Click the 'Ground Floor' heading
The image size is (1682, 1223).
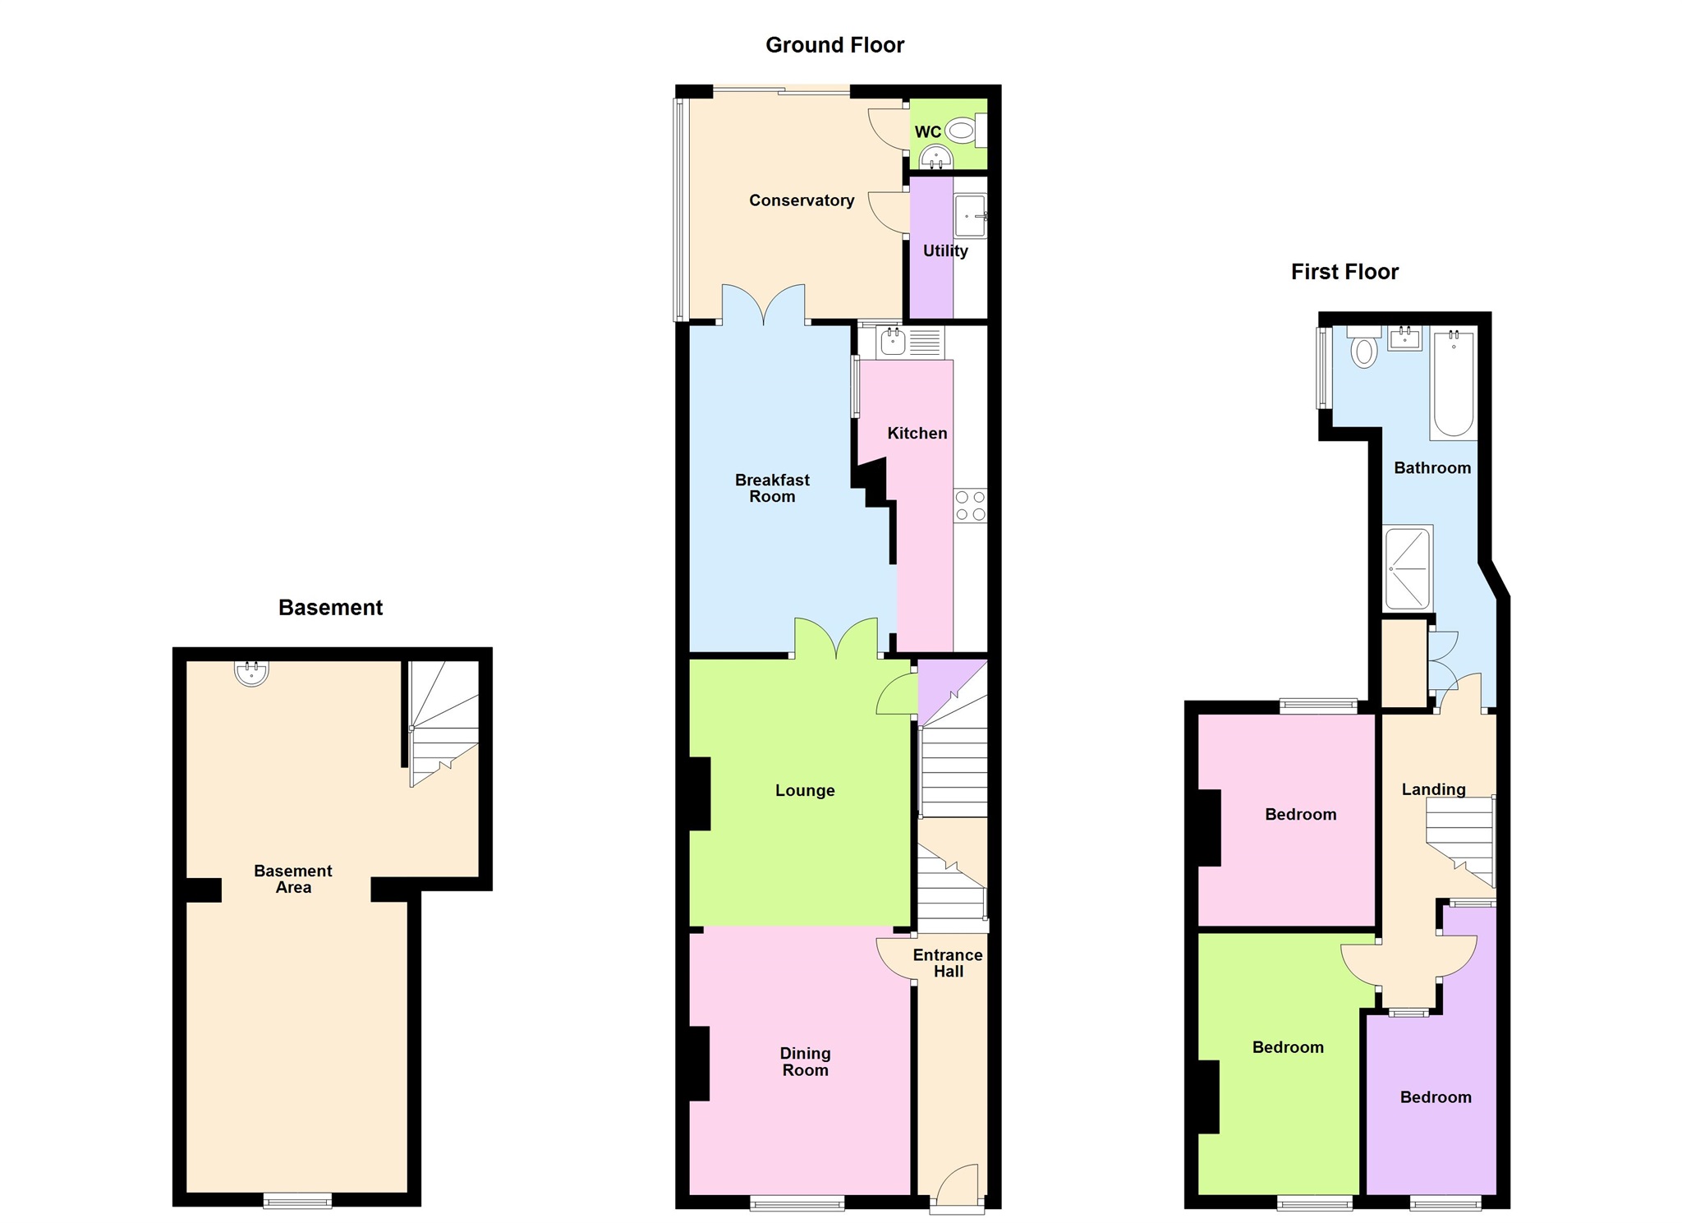[834, 45]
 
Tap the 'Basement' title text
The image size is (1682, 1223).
[330, 608]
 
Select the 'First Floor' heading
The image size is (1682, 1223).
[1344, 272]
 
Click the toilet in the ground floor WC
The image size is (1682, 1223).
[961, 130]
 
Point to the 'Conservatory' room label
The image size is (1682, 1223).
[802, 200]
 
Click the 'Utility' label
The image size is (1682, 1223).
[945, 251]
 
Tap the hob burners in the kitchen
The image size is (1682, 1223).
[970, 506]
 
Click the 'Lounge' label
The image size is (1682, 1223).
[805, 790]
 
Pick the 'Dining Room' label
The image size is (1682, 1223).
[805, 1061]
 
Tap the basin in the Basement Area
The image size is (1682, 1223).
[251, 672]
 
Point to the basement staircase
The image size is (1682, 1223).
[443, 723]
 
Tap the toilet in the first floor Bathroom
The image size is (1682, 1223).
[1364, 348]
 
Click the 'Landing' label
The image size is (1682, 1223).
[1433, 789]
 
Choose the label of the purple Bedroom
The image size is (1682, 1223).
[1436, 1097]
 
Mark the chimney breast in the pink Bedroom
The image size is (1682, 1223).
[1210, 827]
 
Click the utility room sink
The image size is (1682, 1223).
[970, 216]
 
